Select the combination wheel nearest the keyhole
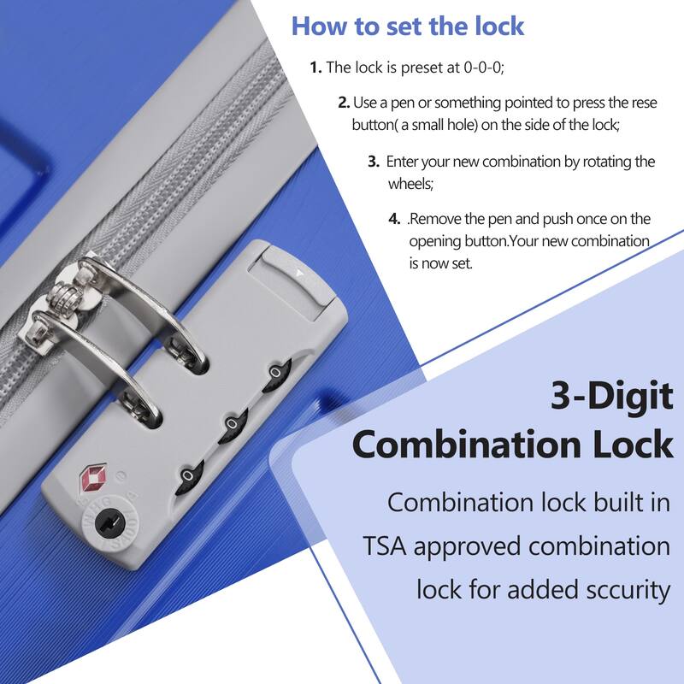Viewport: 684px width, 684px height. (x=187, y=475)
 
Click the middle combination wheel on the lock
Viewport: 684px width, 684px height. (x=232, y=424)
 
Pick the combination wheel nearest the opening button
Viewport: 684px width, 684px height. (x=276, y=373)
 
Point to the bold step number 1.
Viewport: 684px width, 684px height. (x=315, y=67)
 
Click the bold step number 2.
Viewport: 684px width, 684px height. (x=344, y=103)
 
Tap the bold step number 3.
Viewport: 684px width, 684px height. (x=374, y=161)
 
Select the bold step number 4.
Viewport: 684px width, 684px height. (x=395, y=219)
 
